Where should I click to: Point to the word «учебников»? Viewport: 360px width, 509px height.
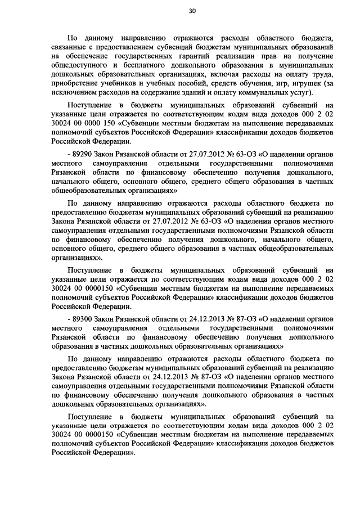coord(128,84)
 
